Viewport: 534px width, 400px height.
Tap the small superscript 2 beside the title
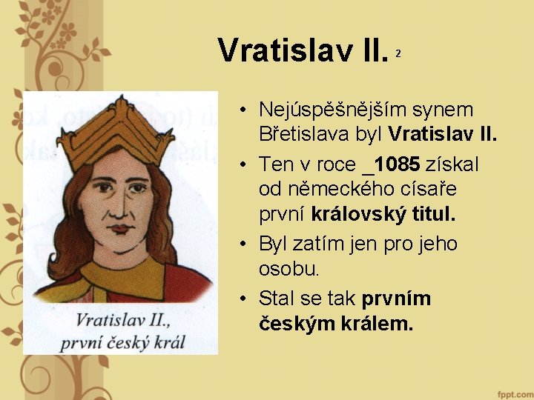tap(398, 54)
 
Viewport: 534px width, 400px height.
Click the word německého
tap(324, 190)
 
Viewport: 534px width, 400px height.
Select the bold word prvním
tap(397, 299)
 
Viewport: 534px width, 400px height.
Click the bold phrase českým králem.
tap(336, 324)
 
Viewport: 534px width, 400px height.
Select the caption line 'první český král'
tap(123, 341)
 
